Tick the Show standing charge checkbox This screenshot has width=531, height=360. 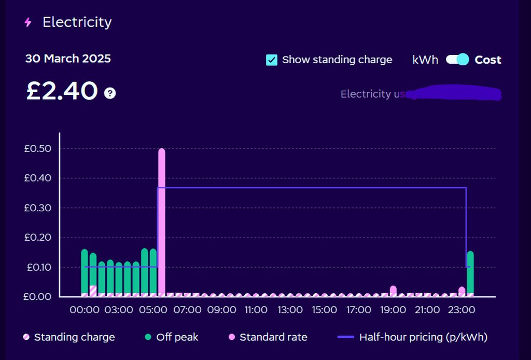pyautogui.click(x=272, y=60)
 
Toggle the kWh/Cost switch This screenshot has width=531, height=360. pyautogui.click(x=457, y=60)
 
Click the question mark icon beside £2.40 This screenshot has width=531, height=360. pyautogui.click(x=110, y=93)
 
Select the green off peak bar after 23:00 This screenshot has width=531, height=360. pyautogui.click(x=470, y=272)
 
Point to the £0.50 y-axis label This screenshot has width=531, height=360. pyautogui.click(x=37, y=148)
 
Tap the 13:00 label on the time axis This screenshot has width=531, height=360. pyautogui.click(x=290, y=310)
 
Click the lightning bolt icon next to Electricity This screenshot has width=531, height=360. pyautogui.click(x=28, y=22)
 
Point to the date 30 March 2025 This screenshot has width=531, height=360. pyautogui.click(x=68, y=59)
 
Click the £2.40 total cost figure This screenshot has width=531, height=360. pyautogui.click(x=62, y=91)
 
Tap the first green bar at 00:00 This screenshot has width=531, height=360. pyautogui.click(x=85, y=271)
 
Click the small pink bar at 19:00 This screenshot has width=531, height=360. pyautogui.click(x=393, y=289)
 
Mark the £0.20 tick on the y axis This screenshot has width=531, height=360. pyautogui.click(x=37, y=238)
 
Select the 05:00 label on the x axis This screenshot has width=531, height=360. pyautogui.click(x=153, y=310)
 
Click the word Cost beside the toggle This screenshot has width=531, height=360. pyautogui.click(x=488, y=60)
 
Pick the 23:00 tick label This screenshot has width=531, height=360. pyautogui.click(x=462, y=310)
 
